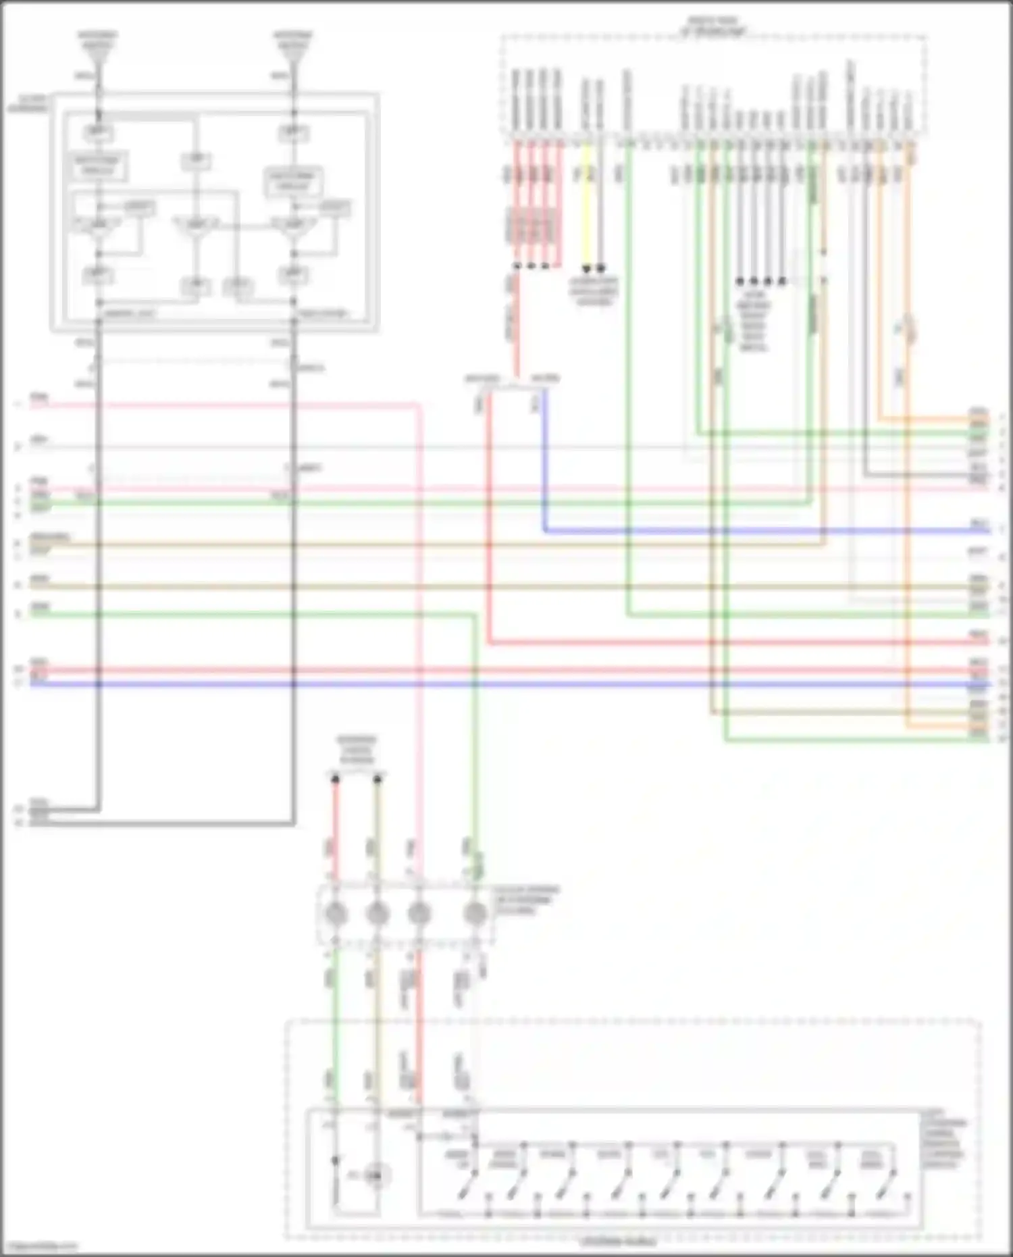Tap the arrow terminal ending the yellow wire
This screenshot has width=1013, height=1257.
pos(587,268)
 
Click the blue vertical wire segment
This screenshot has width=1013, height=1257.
pos(544,459)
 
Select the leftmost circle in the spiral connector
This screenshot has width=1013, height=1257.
pos(336,915)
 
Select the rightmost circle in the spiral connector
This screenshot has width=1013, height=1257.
pos(475,915)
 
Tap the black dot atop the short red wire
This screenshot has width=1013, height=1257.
pos(336,779)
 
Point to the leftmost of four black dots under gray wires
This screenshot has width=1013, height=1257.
pos(739,280)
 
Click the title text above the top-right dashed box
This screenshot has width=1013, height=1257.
pos(713,27)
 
